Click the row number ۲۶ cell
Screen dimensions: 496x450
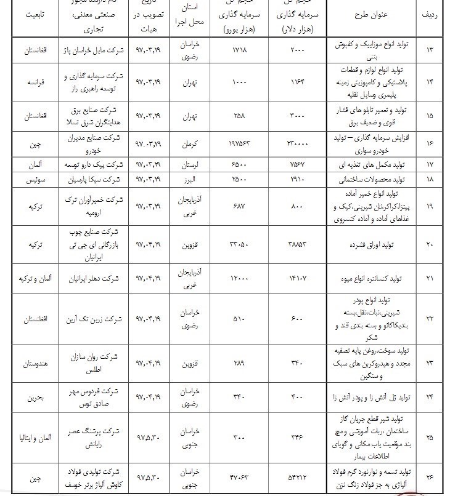pos(429,476)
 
